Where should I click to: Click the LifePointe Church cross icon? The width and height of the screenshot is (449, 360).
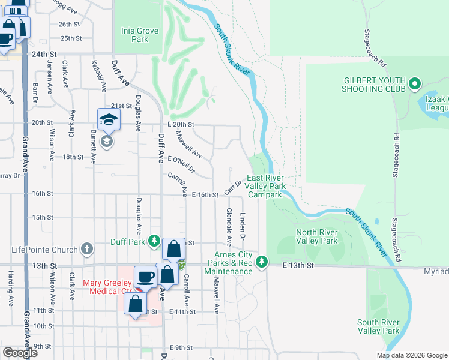coord(87,248)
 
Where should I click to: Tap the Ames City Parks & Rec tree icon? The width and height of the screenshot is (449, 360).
coord(262,262)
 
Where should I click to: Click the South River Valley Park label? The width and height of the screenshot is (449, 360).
coord(378,326)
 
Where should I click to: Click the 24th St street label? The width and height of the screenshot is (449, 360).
coord(44,53)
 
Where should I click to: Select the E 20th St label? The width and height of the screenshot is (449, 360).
coord(181,124)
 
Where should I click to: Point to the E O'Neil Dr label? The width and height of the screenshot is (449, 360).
coord(182,164)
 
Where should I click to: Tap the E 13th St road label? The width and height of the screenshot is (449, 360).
coord(299,265)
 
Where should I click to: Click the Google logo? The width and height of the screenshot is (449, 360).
coord(20,353)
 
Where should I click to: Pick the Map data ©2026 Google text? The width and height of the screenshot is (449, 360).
coord(411,355)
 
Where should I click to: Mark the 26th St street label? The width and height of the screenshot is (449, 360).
coord(69,24)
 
